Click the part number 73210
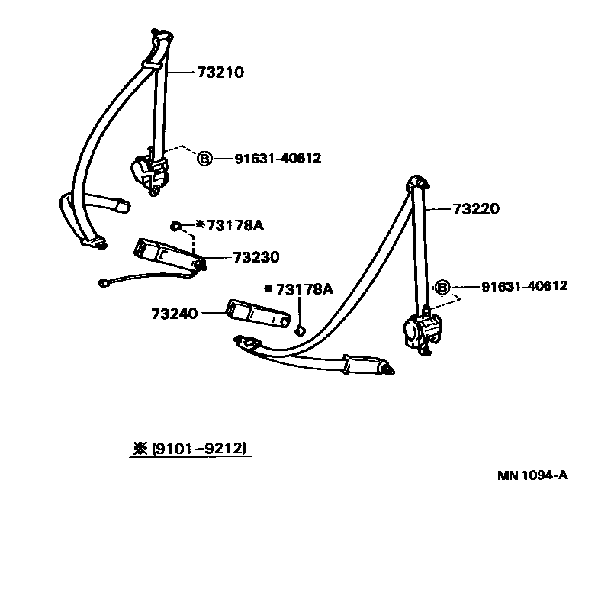coord(220,73)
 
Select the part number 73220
coord(476,208)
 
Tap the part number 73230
coord(256,257)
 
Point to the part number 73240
coord(175,313)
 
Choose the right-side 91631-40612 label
coord(524,286)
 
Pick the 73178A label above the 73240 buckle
coord(304,288)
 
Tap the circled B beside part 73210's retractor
coord(204,159)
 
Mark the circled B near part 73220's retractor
coord(441,288)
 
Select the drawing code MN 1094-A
coord(532,475)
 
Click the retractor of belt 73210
coord(149,171)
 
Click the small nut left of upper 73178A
coord(176,226)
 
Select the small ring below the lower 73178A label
coord(300,330)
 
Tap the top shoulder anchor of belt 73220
coord(416,185)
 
